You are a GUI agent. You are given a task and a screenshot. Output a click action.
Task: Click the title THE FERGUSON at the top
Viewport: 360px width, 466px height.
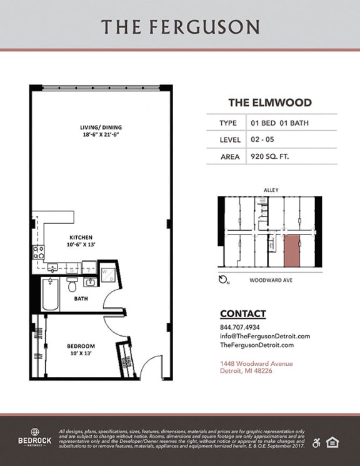click(x=180, y=26)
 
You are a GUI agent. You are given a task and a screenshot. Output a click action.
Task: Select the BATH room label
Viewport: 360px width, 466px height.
click(x=81, y=298)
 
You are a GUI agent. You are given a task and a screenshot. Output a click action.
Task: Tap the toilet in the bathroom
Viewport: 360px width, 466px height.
click(x=72, y=285)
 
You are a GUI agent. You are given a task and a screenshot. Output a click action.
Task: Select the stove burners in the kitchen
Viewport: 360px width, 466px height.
click(x=39, y=252)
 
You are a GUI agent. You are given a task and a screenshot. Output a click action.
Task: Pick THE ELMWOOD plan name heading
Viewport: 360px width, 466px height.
click(x=269, y=103)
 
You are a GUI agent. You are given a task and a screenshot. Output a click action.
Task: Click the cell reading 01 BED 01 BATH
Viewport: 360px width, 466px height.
click(x=279, y=123)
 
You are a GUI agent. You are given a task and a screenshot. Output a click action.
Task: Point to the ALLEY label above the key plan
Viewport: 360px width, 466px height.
click(x=271, y=190)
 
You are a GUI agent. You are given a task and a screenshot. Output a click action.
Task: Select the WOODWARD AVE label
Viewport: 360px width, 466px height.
click(x=271, y=280)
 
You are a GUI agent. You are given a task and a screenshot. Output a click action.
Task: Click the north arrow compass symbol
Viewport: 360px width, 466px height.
click(x=223, y=280)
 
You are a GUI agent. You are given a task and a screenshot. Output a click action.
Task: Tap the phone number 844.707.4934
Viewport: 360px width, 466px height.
click(x=240, y=327)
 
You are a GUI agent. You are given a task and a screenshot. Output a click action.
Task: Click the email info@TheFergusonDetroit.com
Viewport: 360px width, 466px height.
click(x=265, y=336)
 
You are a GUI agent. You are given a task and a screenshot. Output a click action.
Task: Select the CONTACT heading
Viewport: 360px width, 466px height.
click(x=242, y=313)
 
